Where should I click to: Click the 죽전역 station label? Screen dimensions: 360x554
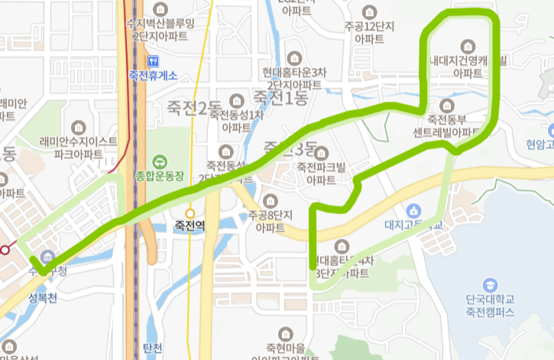click(x=190, y=226)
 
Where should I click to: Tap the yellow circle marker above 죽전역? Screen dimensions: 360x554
click(x=190, y=213)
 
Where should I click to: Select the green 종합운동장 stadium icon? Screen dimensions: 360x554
click(x=159, y=161)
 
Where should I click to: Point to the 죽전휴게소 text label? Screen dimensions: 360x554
click(x=154, y=75)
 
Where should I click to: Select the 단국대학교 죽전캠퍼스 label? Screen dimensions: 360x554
click(x=490, y=306)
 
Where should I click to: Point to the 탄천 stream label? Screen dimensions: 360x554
click(x=152, y=348)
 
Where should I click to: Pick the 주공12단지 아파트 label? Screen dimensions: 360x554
click(x=369, y=31)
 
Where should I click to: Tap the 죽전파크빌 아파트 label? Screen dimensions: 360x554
click(x=321, y=173)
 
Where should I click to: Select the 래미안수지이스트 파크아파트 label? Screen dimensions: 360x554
click(x=78, y=148)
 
